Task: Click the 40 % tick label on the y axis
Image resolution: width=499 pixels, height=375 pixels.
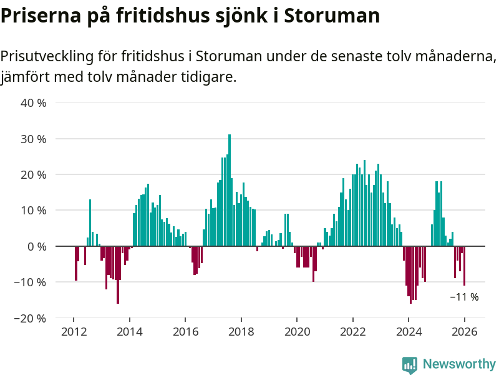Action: pyautogui.click(x=34, y=102)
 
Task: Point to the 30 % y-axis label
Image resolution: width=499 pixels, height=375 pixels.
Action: pyautogui.click(x=34, y=139)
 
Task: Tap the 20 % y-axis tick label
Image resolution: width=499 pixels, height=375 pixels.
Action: pyautogui.click(x=34, y=174)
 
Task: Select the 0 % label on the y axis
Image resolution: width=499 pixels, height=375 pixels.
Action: pyautogui.click(x=37, y=246)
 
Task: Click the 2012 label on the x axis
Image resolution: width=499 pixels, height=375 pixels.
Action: pyautogui.click(x=74, y=332)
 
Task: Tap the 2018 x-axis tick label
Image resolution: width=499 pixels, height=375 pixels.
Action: pyautogui.click(x=241, y=332)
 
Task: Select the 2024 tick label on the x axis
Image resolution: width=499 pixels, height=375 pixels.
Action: pyautogui.click(x=409, y=332)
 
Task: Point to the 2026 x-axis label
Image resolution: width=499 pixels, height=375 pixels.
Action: pyautogui.click(x=465, y=332)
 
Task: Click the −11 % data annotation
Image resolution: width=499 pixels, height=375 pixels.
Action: pyautogui.click(x=464, y=297)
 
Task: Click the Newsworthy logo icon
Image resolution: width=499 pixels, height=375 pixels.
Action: pyautogui.click(x=410, y=364)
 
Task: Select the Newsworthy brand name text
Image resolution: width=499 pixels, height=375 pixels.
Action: pyautogui.click(x=459, y=364)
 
